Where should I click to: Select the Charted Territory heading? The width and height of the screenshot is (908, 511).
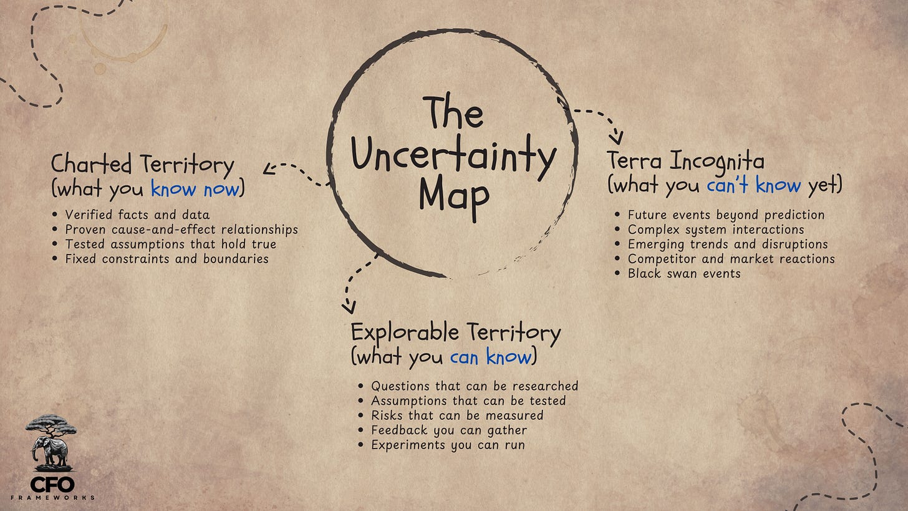click(x=142, y=165)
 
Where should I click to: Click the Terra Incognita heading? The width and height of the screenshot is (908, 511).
click(x=685, y=162)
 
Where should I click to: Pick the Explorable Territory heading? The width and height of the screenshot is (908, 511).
click(x=455, y=332)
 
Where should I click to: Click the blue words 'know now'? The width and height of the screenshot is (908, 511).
click(x=195, y=188)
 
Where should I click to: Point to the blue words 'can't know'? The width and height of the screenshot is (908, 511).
click(x=753, y=185)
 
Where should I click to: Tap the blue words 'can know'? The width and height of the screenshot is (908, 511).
click(x=491, y=357)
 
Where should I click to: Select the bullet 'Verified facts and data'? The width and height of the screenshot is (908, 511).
click(x=137, y=215)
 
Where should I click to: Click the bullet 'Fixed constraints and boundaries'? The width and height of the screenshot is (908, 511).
click(x=167, y=258)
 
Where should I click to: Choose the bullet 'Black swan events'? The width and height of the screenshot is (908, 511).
click(x=684, y=273)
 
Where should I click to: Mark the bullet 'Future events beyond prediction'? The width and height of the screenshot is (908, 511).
click(x=726, y=215)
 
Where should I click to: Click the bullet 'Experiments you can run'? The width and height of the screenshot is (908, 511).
click(x=448, y=445)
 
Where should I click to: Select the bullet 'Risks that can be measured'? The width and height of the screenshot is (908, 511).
click(x=457, y=416)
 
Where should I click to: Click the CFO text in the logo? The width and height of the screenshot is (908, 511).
click(x=52, y=484)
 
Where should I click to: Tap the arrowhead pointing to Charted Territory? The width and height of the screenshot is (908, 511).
click(x=269, y=168)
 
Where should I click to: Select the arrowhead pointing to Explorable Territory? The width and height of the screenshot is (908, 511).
click(x=349, y=307)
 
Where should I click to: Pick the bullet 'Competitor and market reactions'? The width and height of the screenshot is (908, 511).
click(x=731, y=259)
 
